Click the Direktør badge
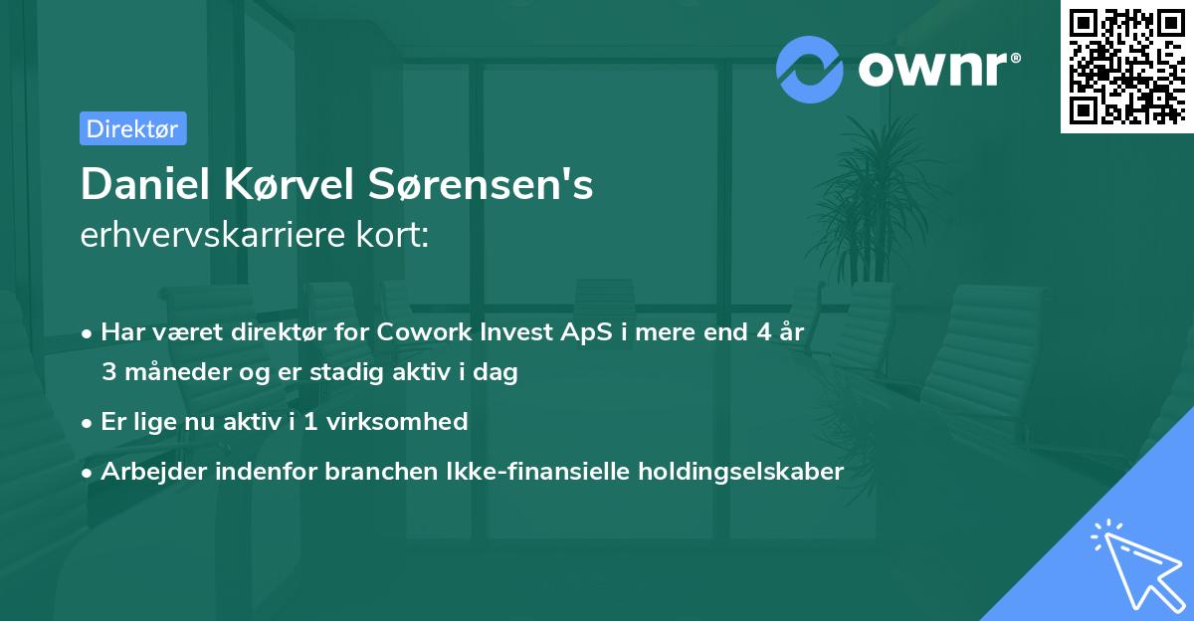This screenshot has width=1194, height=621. [x=132, y=128]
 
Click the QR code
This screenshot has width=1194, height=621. [x=1126, y=66]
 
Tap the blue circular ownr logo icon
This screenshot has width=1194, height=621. [x=810, y=69]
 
